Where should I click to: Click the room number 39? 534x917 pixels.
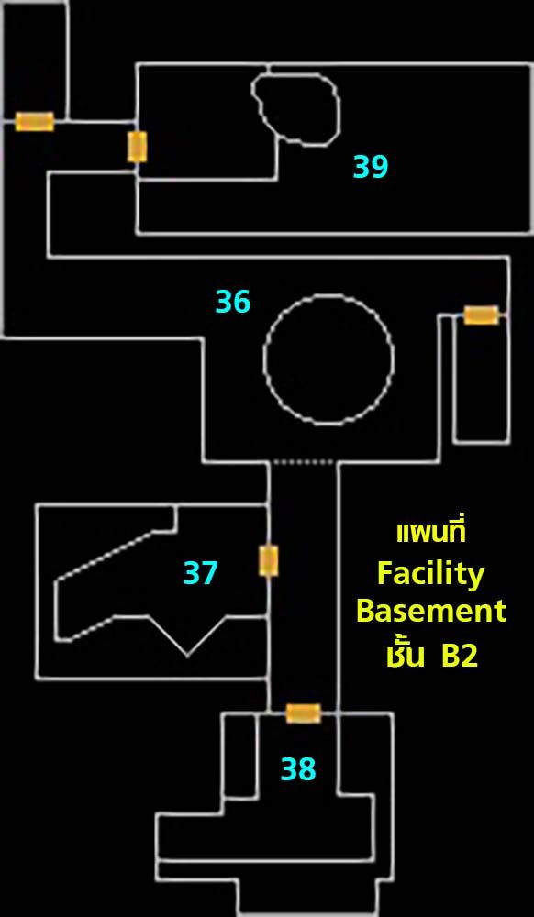pyautogui.click(x=371, y=167)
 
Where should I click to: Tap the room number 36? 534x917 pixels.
pyautogui.click(x=233, y=302)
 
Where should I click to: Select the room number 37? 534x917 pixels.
pyautogui.click(x=201, y=573)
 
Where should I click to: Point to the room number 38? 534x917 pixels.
pyautogui.click(x=298, y=769)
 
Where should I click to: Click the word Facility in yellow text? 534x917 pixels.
pyautogui.click(x=431, y=574)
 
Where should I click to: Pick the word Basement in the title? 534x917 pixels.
pyautogui.click(x=431, y=611)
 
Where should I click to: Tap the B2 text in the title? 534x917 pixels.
pyautogui.click(x=459, y=657)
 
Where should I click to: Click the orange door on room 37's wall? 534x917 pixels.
pyautogui.click(x=269, y=561)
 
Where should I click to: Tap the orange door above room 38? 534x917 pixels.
pyautogui.click(x=304, y=713)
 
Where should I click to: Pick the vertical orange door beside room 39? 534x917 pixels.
pyautogui.click(x=138, y=147)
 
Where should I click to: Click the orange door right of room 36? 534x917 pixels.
pyautogui.click(x=482, y=315)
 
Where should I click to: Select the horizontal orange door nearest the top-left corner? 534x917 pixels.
pyautogui.click(x=35, y=122)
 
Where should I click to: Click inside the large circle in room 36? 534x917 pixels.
pyautogui.click(x=328, y=359)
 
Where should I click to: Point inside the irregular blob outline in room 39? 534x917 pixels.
pyautogui.click(x=296, y=108)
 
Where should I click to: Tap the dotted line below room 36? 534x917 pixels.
pyautogui.click(x=304, y=462)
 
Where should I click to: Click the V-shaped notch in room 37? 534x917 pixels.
pyautogui.click(x=186, y=636)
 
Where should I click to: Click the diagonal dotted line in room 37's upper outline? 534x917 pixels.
pyautogui.click(x=106, y=556)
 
